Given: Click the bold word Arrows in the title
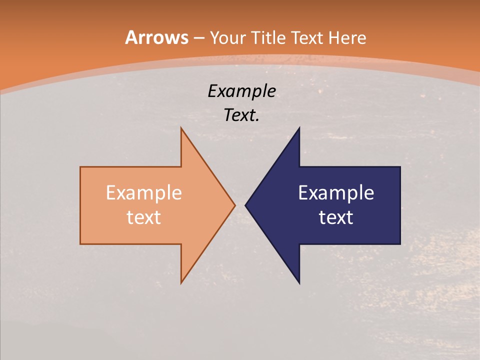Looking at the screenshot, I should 156,37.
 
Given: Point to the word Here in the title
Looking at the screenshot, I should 348,37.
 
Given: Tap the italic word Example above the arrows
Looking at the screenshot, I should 241,91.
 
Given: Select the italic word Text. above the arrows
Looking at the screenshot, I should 241,115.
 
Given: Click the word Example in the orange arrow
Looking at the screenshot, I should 143,192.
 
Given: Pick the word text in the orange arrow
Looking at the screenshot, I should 143,217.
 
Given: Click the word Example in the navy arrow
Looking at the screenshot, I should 336,192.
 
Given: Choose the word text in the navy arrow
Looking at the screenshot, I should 336,217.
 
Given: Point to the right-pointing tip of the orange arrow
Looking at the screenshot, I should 234,205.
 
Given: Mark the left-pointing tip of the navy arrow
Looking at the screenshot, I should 245,205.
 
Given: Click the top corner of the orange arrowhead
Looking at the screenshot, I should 181,128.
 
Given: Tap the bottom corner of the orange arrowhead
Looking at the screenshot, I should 181,283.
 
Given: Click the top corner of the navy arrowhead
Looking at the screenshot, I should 299,128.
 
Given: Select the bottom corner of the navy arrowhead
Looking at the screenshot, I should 299,283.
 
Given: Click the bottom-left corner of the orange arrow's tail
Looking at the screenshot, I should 80,244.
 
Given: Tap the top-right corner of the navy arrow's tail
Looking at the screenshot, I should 400,167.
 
